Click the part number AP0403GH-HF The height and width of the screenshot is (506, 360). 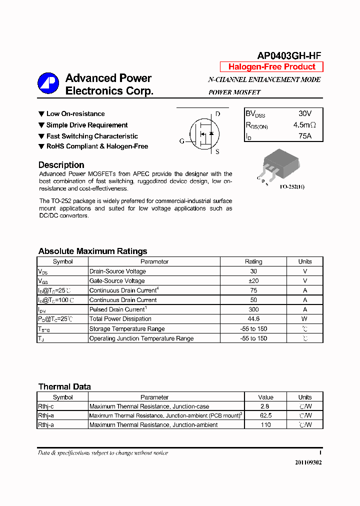tap(289, 56)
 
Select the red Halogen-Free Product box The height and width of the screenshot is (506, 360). tap(271, 67)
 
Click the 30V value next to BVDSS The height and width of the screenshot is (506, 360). tap(304, 114)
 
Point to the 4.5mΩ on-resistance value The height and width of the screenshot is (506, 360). tap(304, 125)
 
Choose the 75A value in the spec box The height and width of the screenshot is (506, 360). tap(304, 136)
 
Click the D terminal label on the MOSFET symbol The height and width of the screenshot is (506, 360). tap(217, 114)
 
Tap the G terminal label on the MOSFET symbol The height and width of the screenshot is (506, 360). tap(182, 141)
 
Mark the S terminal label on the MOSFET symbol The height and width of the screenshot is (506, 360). tap(217, 151)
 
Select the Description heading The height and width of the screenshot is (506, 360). tap(61, 165)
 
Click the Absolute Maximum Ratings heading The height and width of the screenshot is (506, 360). tap(92, 251)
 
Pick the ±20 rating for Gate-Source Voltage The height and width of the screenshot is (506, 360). tap(253, 281)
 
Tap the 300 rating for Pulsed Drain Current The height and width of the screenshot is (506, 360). tap(253, 309)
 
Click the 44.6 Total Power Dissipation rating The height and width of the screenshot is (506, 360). tap(253, 319)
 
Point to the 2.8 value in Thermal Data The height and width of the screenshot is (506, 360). tap(265, 407)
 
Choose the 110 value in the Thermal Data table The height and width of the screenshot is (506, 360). tap(265, 425)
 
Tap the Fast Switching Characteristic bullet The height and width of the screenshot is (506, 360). tap(92, 136)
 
